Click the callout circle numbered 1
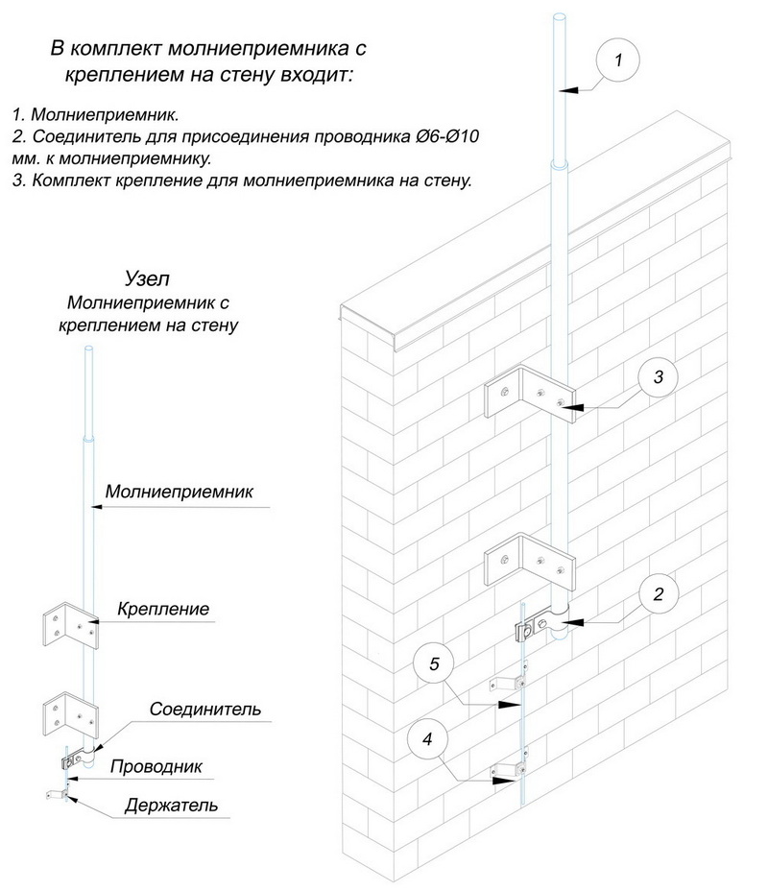coord(619,60)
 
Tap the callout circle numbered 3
coord(658,377)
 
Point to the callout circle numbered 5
coord(435,663)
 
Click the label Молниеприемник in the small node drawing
coord(179,492)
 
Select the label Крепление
coord(163,609)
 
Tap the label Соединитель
coord(204,710)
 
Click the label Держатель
coord(170,805)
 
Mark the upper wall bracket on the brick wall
coord(529,392)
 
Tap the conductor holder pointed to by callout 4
coord(507,770)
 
